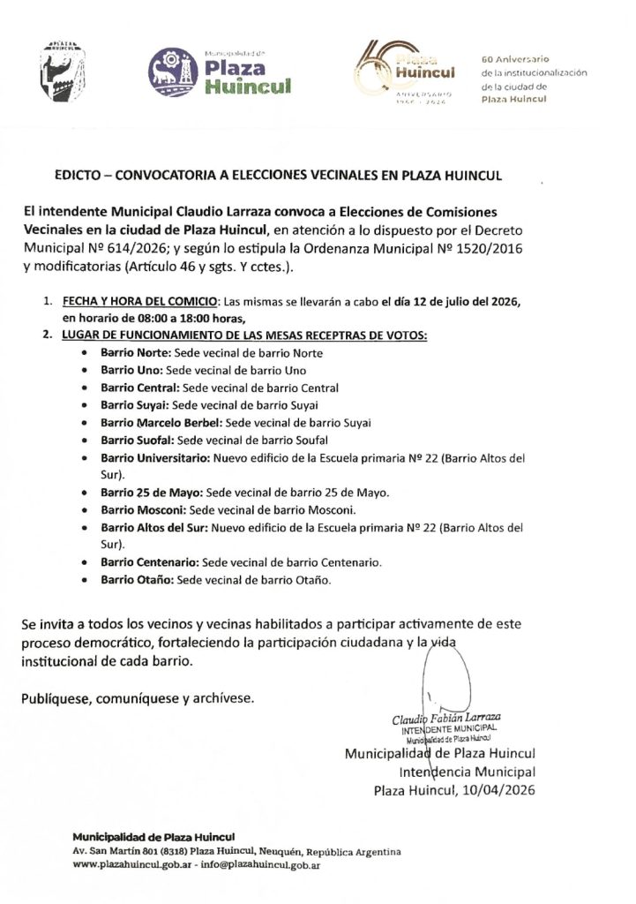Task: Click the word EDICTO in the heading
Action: (79, 176)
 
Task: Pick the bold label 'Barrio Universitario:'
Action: (154, 458)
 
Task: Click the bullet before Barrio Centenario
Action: (83, 562)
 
